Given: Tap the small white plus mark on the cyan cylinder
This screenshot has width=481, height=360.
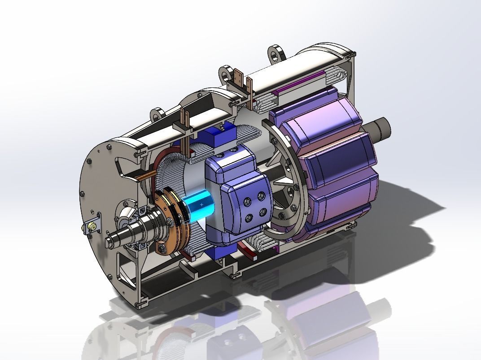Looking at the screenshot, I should point(201,204).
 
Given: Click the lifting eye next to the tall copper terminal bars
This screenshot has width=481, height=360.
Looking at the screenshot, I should point(226,73).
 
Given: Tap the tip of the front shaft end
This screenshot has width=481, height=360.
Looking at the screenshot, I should point(109,243).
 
